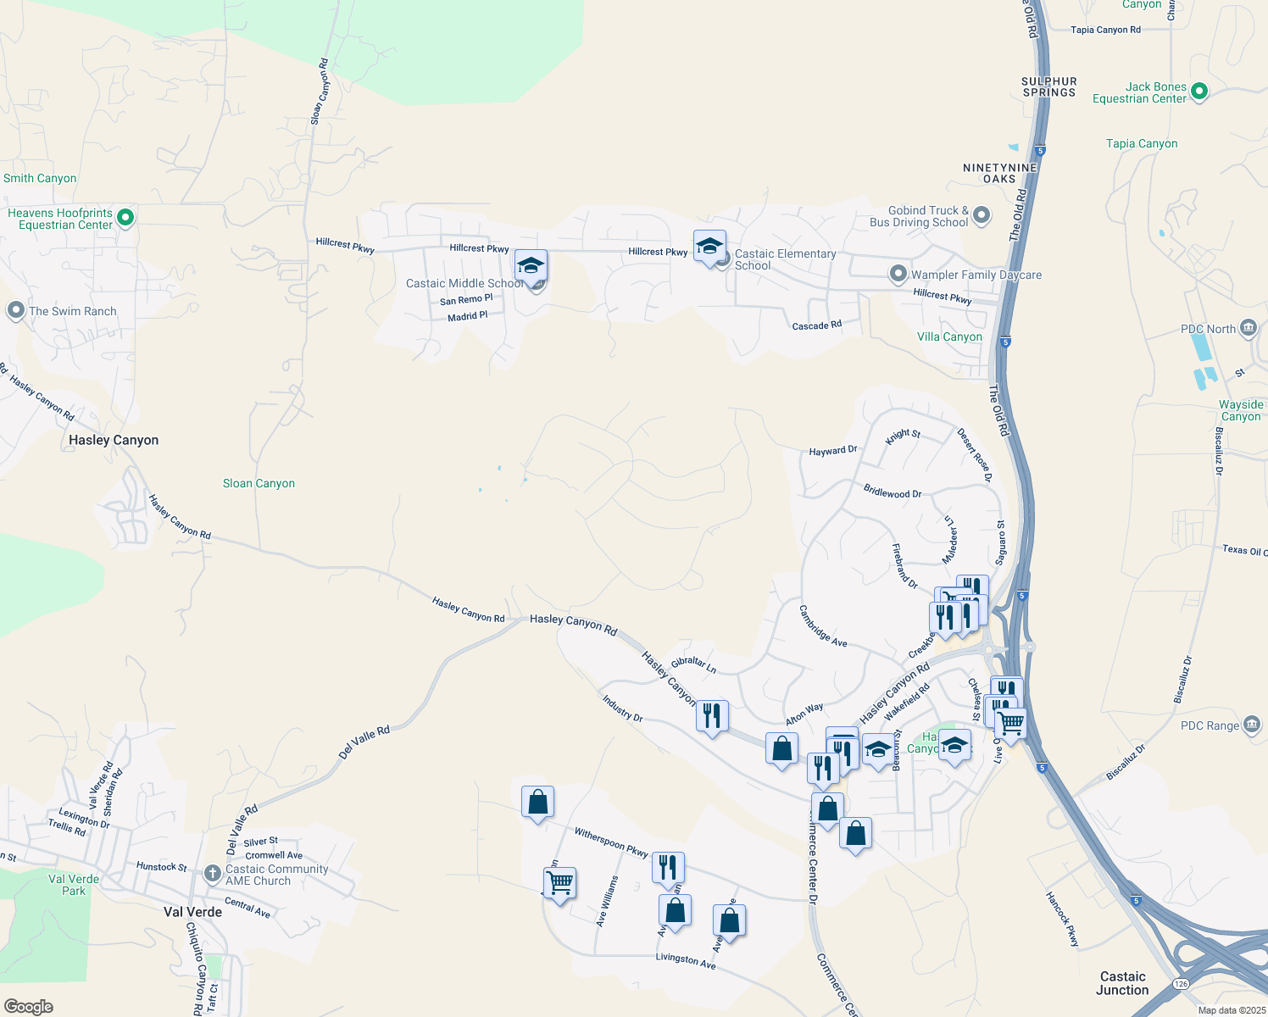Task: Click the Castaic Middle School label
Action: pos(464,284)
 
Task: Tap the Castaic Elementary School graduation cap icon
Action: pos(709,247)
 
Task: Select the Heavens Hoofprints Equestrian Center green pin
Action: pos(125,218)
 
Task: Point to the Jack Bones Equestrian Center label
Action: pos(1139,93)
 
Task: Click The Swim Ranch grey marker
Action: pos(15,311)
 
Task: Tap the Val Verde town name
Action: pos(192,913)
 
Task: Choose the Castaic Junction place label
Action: pos(1122,983)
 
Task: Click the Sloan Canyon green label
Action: pos(259,484)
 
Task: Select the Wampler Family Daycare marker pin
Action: pos(898,274)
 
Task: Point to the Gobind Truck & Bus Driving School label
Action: pos(920,217)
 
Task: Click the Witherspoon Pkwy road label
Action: pos(611,842)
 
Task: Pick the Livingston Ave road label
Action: pos(686,960)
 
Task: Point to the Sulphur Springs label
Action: pos(1049,87)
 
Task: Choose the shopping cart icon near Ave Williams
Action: pos(559,883)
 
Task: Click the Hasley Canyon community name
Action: pos(114,441)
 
